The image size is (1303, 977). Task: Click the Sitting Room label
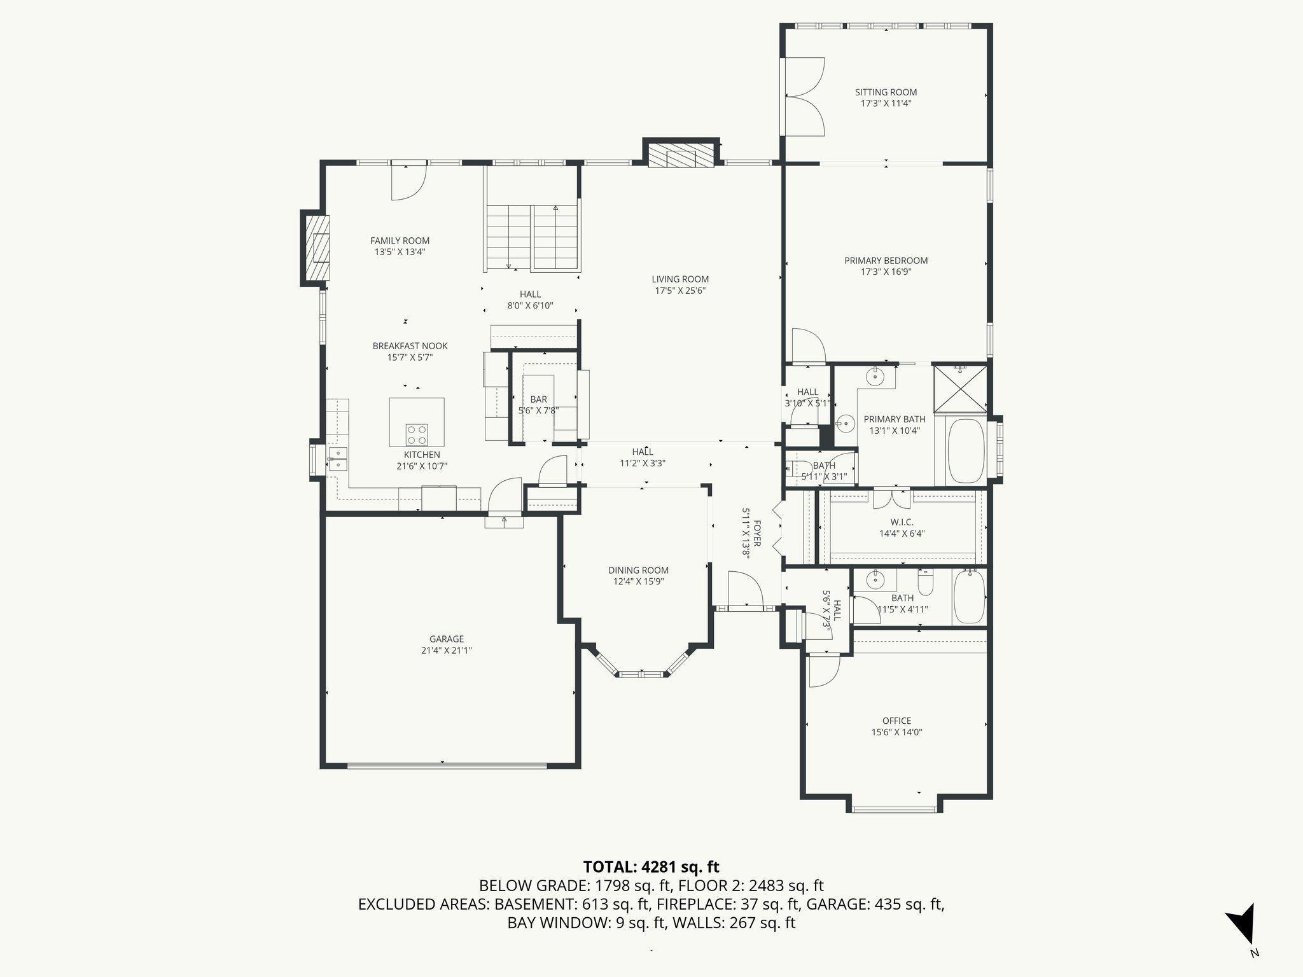(x=886, y=92)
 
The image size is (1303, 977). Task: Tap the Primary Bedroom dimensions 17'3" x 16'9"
(x=886, y=272)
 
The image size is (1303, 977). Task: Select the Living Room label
(x=680, y=279)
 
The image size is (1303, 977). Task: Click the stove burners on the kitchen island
(x=417, y=435)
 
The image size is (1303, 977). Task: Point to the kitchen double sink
(x=338, y=459)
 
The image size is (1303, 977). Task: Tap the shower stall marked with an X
(x=960, y=389)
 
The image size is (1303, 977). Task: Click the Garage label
(x=446, y=639)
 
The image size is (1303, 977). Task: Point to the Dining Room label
(x=638, y=571)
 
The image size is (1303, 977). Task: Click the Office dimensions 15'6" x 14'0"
(x=896, y=732)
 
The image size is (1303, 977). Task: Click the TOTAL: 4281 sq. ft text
(x=651, y=866)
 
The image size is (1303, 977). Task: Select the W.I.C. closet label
(x=902, y=522)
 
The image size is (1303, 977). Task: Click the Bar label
(x=538, y=399)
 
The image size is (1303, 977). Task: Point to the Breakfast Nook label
(x=410, y=346)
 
